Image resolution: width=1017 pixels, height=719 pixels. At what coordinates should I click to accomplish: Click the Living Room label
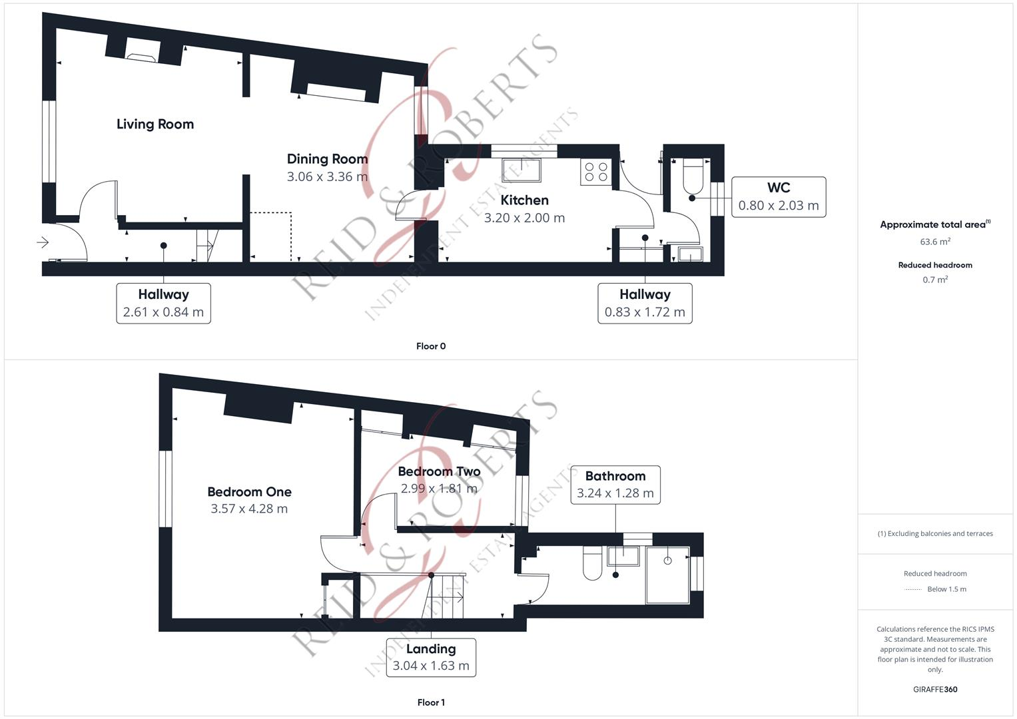point(155,124)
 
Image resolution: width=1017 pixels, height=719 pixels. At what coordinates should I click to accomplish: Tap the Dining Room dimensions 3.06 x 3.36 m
point(327,176)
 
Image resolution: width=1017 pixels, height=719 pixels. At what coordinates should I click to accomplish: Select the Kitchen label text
point(524,200)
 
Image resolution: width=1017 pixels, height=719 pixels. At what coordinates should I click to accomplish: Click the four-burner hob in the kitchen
point(595,172)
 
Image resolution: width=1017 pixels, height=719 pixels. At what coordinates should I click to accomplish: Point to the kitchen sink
point(521,169)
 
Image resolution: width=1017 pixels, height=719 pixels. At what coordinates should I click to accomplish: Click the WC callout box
point(778,196)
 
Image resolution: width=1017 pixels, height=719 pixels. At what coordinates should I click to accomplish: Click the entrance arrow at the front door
point(43,242)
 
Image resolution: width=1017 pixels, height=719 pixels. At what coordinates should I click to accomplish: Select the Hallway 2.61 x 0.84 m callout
point(163,303)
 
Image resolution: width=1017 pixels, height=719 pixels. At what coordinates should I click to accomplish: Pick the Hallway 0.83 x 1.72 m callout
point(644,303)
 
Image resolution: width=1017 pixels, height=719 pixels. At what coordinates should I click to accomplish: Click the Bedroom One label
point(249,492)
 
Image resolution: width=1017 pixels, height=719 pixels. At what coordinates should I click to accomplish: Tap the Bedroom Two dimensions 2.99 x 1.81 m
point(439,488)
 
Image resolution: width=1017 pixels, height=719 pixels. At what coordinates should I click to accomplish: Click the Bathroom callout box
point(615,485)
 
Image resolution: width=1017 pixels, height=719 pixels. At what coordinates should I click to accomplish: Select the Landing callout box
point(431,657)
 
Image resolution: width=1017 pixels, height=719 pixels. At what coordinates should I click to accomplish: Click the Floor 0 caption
point(431,346)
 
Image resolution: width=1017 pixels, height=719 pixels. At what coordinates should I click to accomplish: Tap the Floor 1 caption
point(431,702)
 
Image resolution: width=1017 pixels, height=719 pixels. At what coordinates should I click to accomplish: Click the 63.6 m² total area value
point(935,242)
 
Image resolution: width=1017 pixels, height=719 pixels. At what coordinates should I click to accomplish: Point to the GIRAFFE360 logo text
point(935,689)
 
